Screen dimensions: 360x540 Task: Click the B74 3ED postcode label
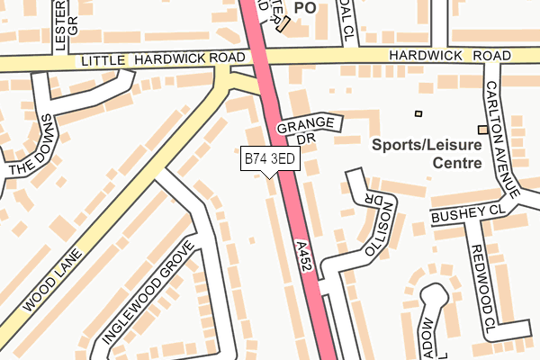tap(270, 159)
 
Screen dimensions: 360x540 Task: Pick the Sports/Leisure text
tap(428, 144)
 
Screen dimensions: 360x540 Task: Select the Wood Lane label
tap(53, 277)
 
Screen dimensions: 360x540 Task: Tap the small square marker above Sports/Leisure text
tap(418, 113)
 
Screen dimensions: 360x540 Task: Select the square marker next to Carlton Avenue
tap(482, 130)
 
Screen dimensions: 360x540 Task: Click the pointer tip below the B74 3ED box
tap(271, 175)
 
